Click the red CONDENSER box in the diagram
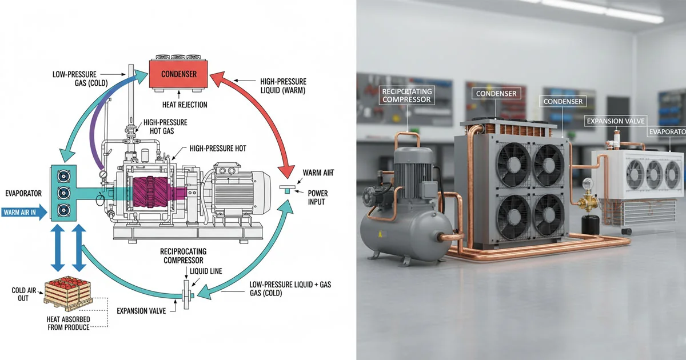pyautogui.click(x=179, y=74)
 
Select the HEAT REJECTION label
pyautogui.click(x=184, y=105)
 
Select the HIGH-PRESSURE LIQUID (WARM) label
pyautogui.click(x=282, y=86)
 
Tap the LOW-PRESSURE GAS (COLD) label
pyautogui.click(x=77, y=78)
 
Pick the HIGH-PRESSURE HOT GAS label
pyautogui.click(x=165, y=126)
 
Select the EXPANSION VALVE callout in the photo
pyautogui.click(x=615, y=121)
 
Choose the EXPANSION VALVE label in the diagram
pyautogui.click(x=141, y=311)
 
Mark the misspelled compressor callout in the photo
pyautogui.click(x=408, y=95)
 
